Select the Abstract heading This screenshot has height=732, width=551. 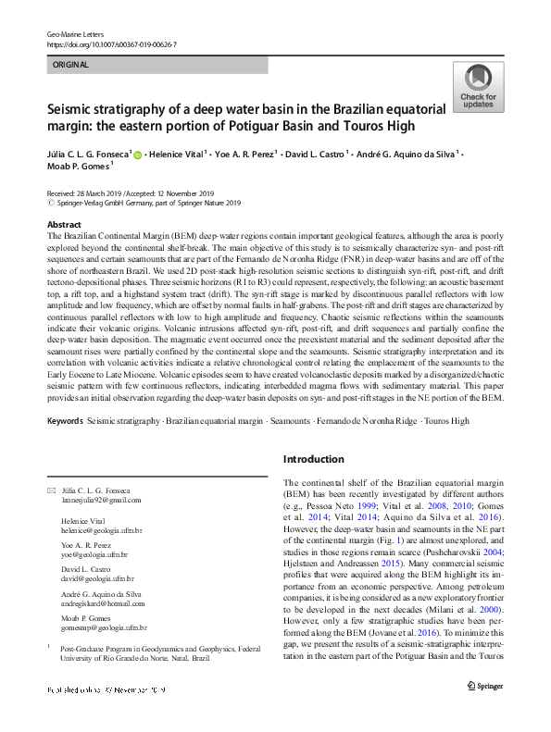64,225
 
